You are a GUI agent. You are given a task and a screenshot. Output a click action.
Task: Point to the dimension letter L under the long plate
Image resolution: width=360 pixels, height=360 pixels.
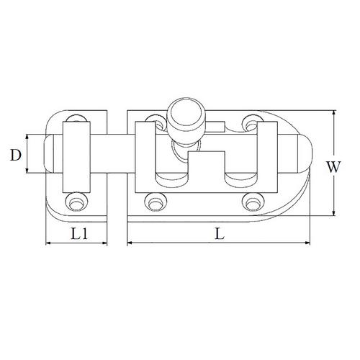pos(220,233)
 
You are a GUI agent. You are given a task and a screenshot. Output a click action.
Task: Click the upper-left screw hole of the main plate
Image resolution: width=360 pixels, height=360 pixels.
pos(152,121)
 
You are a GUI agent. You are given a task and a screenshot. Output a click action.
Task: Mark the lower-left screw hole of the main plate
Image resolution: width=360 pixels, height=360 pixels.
pos(152,202)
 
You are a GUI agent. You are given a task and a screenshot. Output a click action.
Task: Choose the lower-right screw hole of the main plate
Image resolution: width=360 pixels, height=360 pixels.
pos(251,202)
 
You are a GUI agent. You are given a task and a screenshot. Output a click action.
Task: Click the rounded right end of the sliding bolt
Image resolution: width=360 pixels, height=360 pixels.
pos(302,153)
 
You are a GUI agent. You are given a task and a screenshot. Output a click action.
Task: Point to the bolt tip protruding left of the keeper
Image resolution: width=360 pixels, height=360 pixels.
pos(53,153)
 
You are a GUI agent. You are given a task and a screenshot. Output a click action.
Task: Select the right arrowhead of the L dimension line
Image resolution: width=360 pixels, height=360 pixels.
pos(312,243)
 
